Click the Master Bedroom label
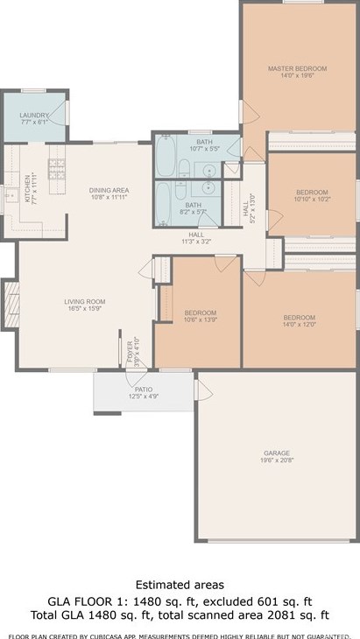[x=297, y=68]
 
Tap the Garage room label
[x=276, y=453]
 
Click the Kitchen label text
[x=27, y=188]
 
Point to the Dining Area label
[x=109, y=190]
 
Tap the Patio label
[x=142, y=388]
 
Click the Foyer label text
[x=128, y=352]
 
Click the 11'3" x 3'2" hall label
[x=196, y=241]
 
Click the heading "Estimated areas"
[x=180, y=584]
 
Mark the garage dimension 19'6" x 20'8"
[x=276, y=460]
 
